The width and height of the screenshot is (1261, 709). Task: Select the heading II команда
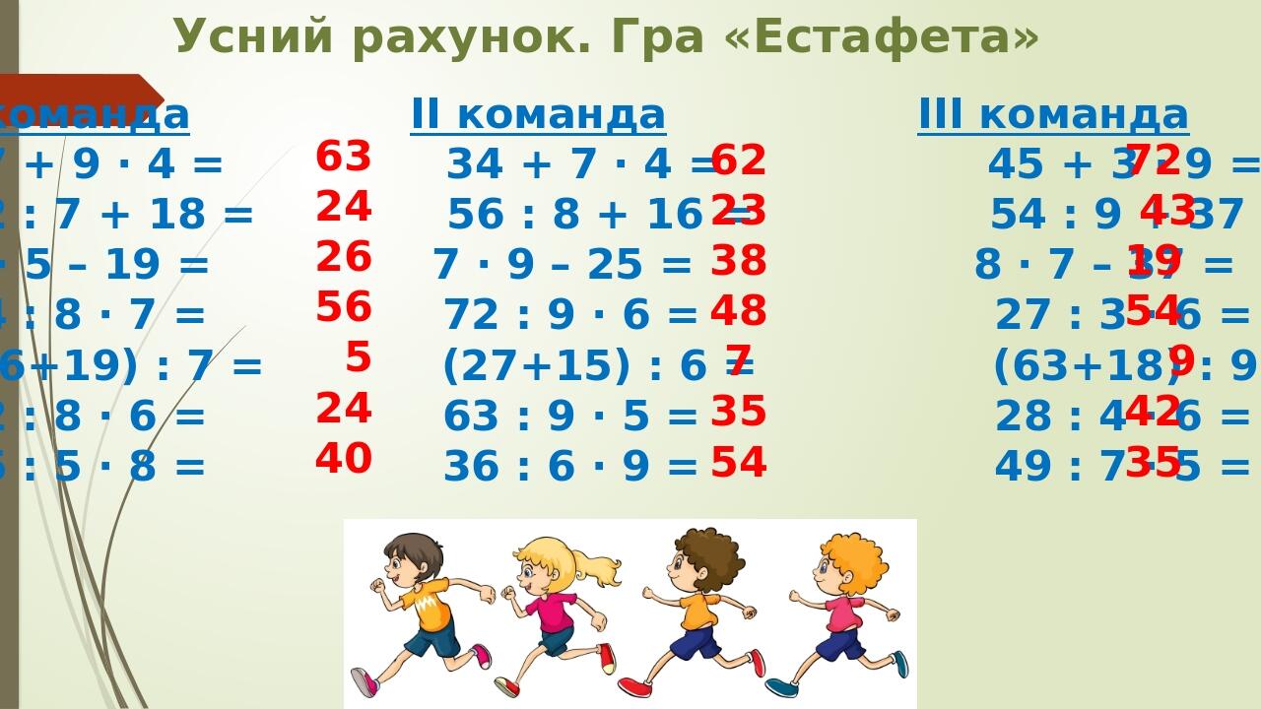click(538, 114)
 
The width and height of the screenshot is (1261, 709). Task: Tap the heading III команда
click(1053, 114)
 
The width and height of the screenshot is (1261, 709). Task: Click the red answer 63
click(343, 157)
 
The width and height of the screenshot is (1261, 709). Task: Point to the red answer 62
click(739, 161)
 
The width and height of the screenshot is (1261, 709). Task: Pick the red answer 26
click(343, 257)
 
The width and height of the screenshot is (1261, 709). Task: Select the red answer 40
click(343, 459)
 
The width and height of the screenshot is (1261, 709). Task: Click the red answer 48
click(739, 311)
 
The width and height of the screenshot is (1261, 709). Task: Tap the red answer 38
click(739, 261)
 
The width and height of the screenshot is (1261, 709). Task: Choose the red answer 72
click(1153, 160)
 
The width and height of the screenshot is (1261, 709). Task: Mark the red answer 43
click(1167, 211)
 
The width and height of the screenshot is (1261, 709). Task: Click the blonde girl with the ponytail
click(557, 611)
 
